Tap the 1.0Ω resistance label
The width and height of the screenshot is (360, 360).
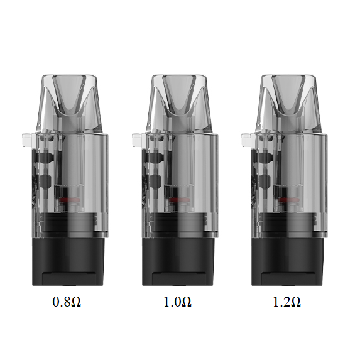point(177,302)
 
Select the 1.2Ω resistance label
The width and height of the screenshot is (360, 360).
point(286,302)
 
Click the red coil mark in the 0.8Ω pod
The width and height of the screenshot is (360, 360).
point(70,199)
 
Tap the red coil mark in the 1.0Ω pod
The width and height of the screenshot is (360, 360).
point(180,199)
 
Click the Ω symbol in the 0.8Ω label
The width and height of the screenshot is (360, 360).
point(75,302)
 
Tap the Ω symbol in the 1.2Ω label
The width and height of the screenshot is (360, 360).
point(295,302)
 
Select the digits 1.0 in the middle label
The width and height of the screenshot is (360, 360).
point(171,302)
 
